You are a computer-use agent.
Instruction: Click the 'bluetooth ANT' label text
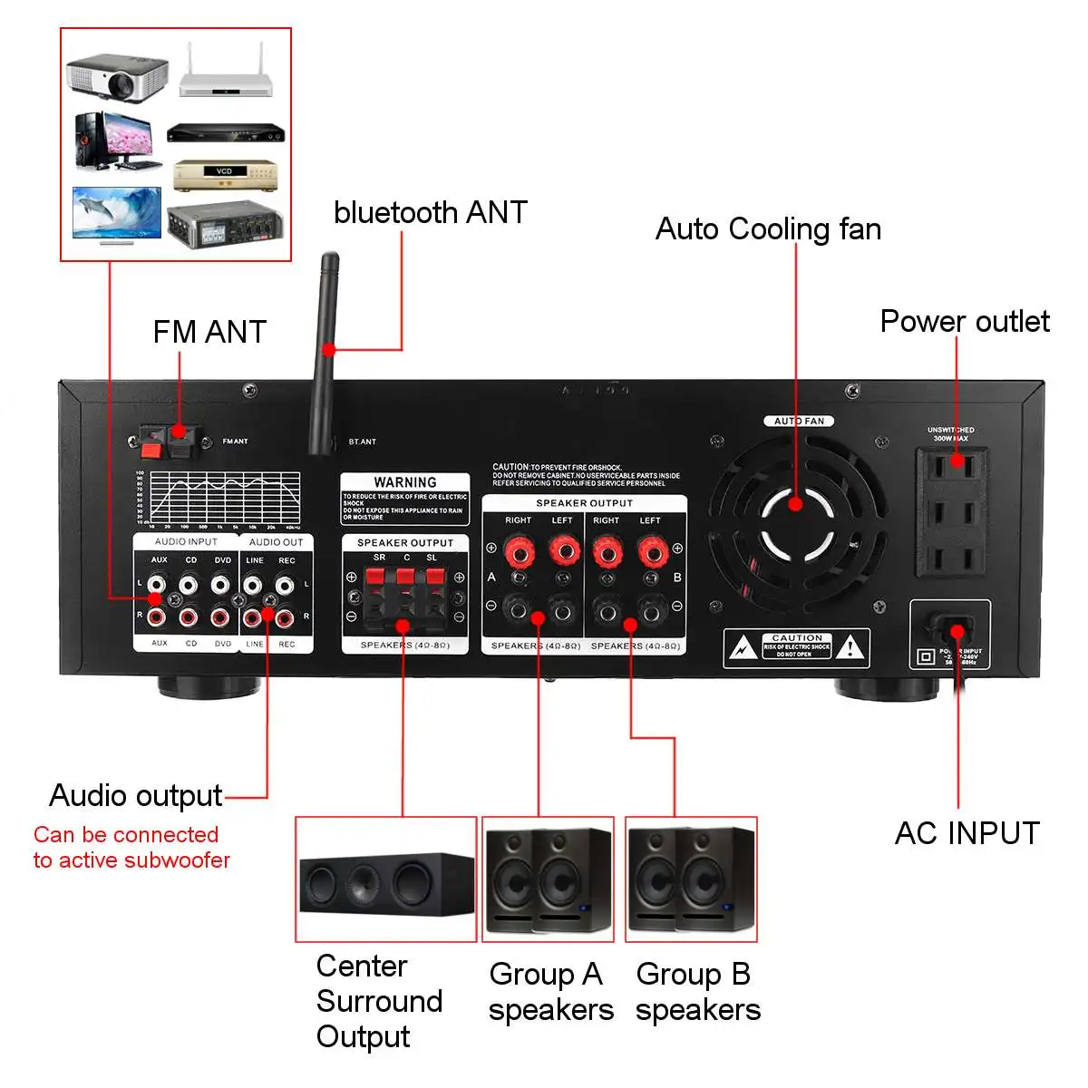tap(430, 212)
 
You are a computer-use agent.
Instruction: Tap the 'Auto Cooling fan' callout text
tap(768, 228)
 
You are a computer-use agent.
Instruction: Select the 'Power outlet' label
tap(964, 321)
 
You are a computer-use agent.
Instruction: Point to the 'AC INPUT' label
tap(967, 832)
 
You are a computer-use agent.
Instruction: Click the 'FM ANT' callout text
tap(209, 332)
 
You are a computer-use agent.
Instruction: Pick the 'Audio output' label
tap(136, 795)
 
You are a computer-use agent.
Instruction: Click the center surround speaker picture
tap(386, 879)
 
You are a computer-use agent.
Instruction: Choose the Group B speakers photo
tap(692, 879)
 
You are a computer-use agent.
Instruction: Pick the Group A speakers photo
tap(549, 879)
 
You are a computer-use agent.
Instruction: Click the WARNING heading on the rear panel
tap(404, 482)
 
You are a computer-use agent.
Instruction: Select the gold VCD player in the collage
tap(224, 175)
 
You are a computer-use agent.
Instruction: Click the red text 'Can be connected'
tap(126, 834)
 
